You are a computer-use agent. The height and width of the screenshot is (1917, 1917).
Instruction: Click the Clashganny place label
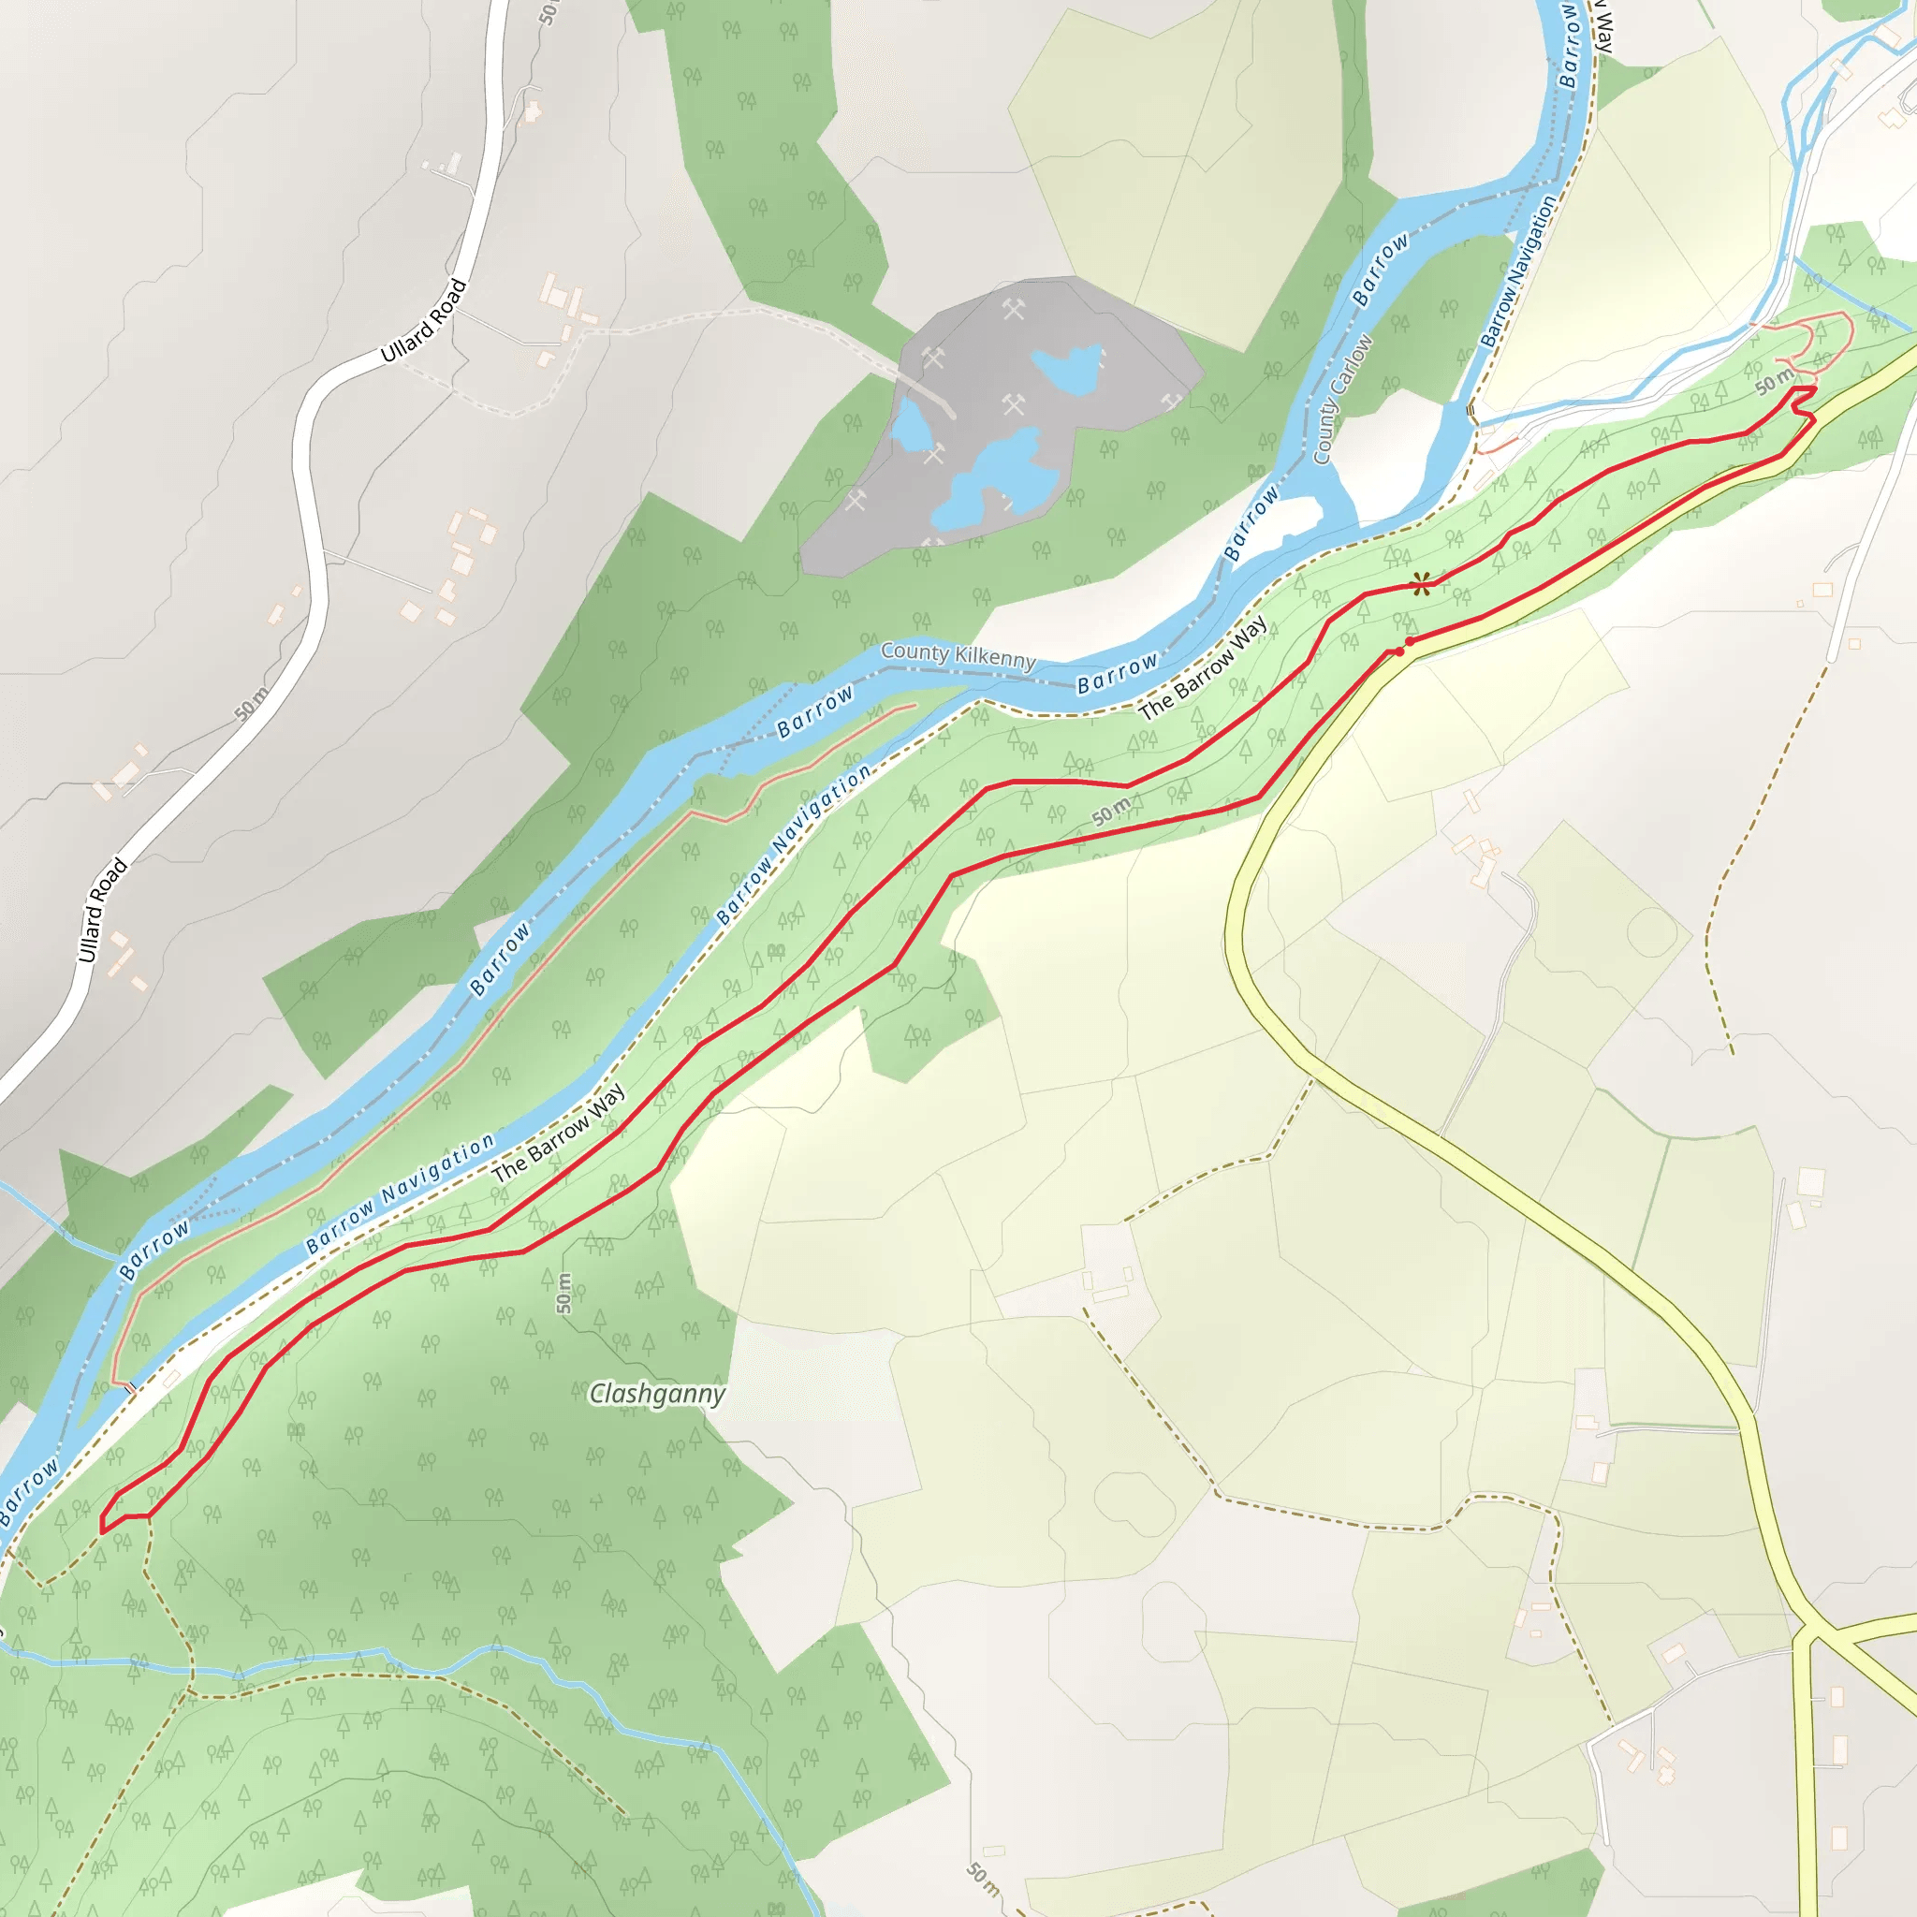(657, 1393)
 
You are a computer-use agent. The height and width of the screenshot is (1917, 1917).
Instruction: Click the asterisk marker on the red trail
(1422, 584)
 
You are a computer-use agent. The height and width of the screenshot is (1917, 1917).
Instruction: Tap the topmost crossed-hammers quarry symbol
(1012, 310)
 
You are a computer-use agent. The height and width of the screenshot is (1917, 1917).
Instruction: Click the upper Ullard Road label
(423, 320)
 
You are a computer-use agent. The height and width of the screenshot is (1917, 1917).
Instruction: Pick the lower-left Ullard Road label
(102, 910)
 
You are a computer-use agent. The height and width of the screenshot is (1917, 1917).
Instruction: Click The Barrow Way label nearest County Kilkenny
(1203, 667)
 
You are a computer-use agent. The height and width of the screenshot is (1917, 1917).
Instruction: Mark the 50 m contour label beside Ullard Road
(251, 704)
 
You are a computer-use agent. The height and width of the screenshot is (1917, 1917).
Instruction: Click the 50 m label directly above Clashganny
(563, 1292)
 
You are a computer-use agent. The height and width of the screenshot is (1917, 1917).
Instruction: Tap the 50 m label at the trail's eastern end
(1773, 380)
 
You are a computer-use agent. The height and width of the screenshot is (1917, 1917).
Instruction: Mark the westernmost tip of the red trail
(102, 1529)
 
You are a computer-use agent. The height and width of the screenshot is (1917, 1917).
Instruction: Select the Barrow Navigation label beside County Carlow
(1518, 271)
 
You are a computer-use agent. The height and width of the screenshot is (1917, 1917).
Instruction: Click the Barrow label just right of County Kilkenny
(1118, 674)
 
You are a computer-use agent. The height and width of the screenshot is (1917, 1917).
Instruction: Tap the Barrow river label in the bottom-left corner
(28, 1489)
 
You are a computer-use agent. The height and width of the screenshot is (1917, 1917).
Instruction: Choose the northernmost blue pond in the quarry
(1067, 364)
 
